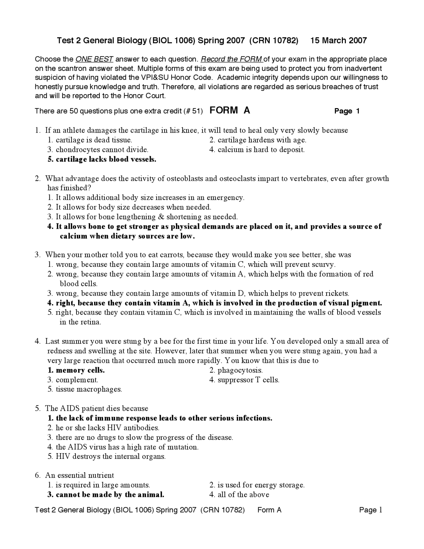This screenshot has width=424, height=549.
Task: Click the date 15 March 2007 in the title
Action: [339, 40]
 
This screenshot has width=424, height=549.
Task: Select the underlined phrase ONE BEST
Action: [94, 59]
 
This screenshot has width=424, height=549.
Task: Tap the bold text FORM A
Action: [230, 110]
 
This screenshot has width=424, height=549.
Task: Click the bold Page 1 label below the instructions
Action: [347, 111]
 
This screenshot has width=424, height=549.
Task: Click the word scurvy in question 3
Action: [323, 265]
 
